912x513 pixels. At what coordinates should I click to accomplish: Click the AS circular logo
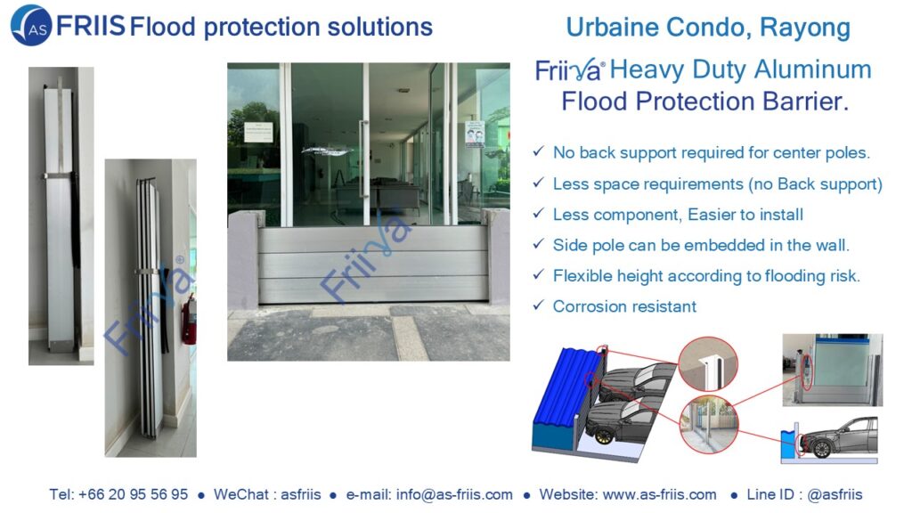[x=31, y=25]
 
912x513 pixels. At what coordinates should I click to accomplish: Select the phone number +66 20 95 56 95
[x=134, y=494]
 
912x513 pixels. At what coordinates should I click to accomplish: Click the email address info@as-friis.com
[x=454, y=494]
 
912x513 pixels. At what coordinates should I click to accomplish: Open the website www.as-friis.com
[x=660, y=494]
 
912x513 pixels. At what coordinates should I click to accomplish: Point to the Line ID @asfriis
[x=835, y=494]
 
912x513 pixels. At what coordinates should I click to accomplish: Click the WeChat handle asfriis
[x=301, y=494]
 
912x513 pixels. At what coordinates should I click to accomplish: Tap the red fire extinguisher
[x=188, y=320]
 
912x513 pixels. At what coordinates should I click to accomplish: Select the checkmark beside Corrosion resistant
[x=538, y=305]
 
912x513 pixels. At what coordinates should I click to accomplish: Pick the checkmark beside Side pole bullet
[x=538, y=243]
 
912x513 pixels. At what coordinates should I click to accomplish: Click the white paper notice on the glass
[x=258, y=133]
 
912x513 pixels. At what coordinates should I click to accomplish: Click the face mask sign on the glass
[x=474, y=134]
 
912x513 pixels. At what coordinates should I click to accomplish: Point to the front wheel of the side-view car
[x=821, y=449]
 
